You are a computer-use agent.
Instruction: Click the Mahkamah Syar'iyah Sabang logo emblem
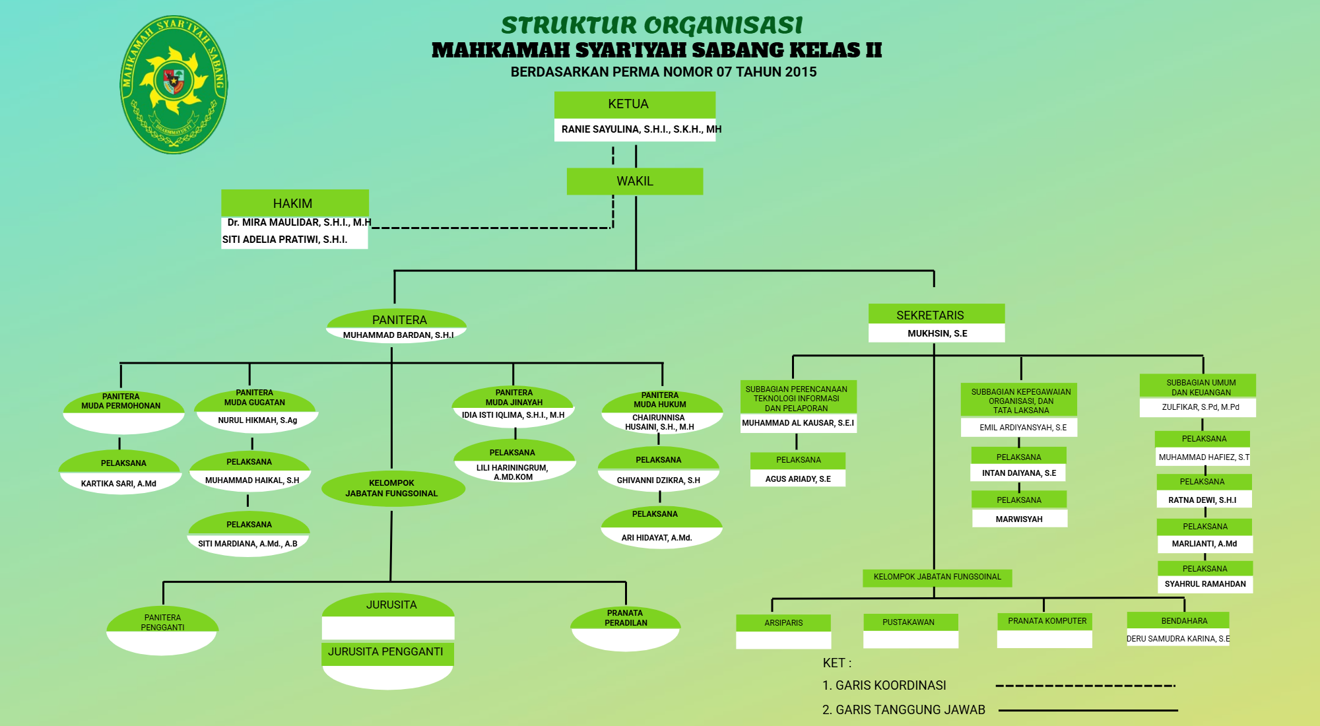pos(174,84)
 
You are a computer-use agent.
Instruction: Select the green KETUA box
pos(634,104)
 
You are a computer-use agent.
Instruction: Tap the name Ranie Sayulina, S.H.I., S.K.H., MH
pos(641,129)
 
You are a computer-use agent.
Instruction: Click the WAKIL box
pos(634,181)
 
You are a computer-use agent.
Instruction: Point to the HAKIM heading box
pos(294,203)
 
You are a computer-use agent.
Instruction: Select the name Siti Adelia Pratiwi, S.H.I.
pos(284,240)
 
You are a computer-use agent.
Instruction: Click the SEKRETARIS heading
pos(936,315)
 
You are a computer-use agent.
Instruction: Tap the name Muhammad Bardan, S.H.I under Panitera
pos(398,335)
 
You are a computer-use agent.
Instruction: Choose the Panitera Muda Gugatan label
pos(255,397)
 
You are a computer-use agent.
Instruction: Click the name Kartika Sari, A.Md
pos(119,484)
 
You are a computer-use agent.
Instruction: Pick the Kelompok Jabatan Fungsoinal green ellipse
pos(392,488)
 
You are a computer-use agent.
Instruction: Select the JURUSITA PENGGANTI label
pos(386,652)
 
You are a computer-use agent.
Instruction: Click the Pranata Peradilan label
pos(626,618)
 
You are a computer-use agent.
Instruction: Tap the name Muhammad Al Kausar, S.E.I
pos(798,423)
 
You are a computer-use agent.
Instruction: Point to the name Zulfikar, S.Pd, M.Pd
pos(1200,407)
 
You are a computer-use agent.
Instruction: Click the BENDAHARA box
pos(1184,621)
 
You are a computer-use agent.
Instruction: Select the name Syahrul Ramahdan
pos(1205,584)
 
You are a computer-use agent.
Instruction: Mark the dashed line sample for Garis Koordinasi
pos(1086,686)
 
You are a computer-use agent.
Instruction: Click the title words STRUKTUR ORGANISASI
pos(652,25)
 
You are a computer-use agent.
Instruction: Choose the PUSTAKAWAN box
pos(908,622)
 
